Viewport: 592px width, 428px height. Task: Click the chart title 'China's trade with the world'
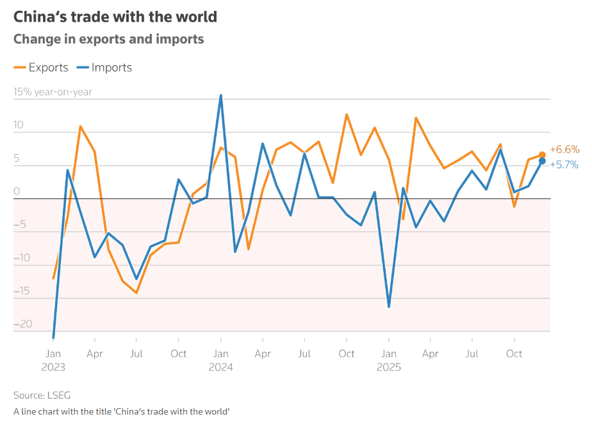click(x=115, y=17)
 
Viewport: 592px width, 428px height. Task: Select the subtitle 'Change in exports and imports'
click(x=109, y=39)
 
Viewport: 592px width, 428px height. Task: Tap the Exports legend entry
click(x=41, y=67)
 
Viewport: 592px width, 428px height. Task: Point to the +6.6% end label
click(x=564, y=150)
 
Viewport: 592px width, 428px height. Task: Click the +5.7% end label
click(x=564, y=164)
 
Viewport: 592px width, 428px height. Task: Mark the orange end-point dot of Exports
click(x=542, y=155)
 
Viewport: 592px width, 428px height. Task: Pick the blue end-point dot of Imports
click(x=542, y=161)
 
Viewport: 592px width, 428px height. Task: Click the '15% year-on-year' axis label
click(x=53, y=92)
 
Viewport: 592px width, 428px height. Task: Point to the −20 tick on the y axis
click(x=22, y=324)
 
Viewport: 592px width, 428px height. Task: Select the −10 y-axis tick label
click(x=22, y=258)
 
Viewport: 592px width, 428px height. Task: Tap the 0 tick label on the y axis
click(x=17, y=191)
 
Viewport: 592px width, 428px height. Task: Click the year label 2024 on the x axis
click(x=220, y=367)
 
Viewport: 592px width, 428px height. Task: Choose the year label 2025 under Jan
click(x=389, y=367)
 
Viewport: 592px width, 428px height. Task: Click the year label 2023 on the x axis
click(x=53, y=367)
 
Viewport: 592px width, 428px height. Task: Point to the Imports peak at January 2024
click(x=221, y=95)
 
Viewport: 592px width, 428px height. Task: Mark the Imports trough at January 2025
click(x=389, y=306)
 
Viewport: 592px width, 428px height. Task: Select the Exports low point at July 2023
click(x=136, y=292)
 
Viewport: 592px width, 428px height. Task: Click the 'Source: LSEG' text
click(x=42, y=395)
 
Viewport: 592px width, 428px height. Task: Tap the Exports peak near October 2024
click(x=347, y=115)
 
